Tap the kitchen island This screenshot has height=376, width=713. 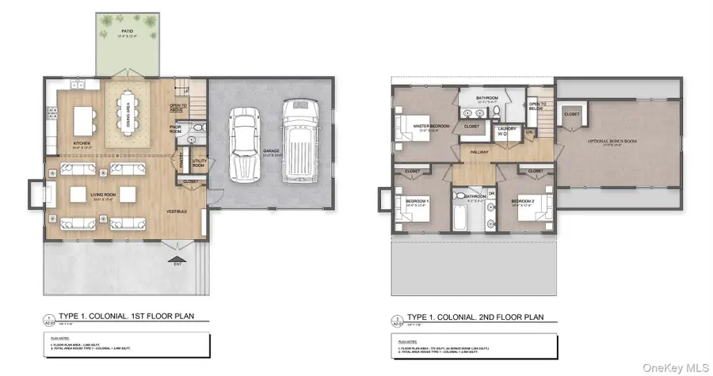pos(83,121)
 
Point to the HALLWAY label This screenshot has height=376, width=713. pos(480,152)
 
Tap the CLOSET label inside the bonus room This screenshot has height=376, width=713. pos(572,113)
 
